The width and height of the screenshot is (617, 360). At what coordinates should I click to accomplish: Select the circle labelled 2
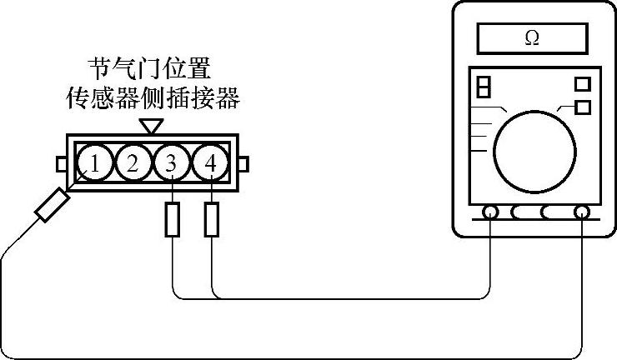[133, 163]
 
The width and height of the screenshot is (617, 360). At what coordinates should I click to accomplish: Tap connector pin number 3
[171, 163]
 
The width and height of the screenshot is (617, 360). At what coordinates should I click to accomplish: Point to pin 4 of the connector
[209, 163]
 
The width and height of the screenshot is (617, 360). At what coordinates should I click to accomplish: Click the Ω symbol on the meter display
[531, 37]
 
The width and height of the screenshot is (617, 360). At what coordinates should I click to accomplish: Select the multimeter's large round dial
[534, 150]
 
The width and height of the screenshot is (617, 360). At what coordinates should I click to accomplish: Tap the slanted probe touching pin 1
[51, 205]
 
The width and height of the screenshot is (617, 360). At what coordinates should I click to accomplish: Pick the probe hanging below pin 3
[172, 220]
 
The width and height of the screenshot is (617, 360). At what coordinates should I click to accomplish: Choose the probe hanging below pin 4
[212, 220]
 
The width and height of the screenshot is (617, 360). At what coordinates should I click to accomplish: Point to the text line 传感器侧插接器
[153, 101]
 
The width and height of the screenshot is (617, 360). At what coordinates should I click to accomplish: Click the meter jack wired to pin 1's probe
[581, 212]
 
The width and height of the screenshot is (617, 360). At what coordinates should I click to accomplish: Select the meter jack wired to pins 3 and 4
[491, 212]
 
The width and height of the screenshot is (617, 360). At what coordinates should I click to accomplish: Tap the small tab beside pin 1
[62, 163]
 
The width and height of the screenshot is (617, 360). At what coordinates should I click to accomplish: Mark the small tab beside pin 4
[243, 163]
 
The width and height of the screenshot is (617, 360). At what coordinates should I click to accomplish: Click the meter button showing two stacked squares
[484, 87]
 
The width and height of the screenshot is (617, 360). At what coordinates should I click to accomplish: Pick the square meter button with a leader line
[583, 107]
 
